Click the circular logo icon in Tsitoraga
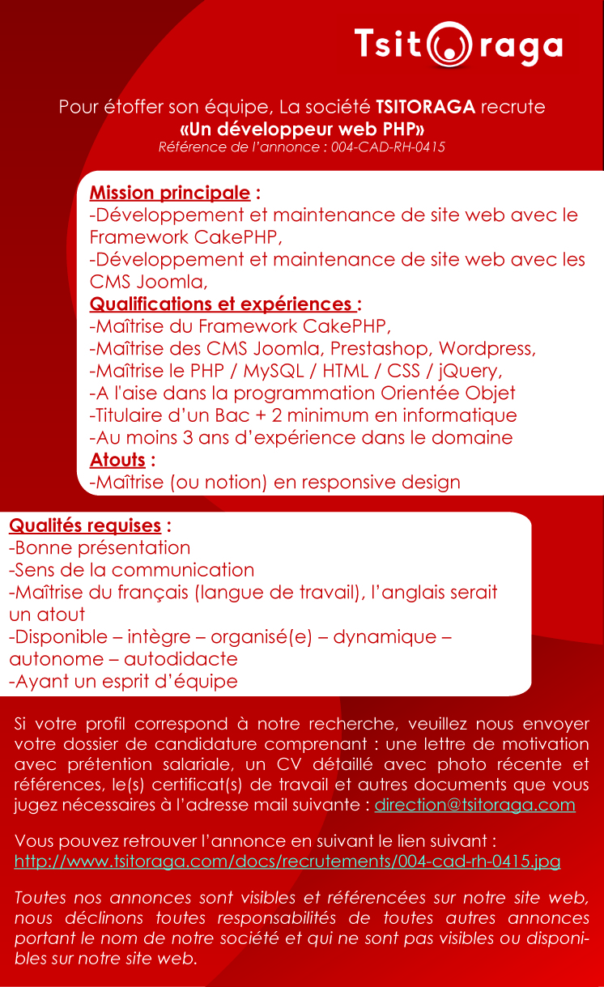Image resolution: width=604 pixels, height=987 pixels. pyautogui.click(x=450, y=45)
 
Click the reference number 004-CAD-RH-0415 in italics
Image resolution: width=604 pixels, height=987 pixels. pyautogui.click(x=388, y=147)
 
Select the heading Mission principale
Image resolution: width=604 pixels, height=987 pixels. pyautogui.click(x=169, y=193)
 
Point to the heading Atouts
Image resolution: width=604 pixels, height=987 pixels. pyautogui.click(x=117, y=460)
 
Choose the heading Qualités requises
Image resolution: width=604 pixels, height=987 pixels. pyautogui.click(x=85, y=525)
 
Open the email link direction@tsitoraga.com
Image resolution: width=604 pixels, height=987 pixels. pyautogui.click(x=474, y=805)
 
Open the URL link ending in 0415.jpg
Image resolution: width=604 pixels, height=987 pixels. pyautogui.click(x=287, y=861)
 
